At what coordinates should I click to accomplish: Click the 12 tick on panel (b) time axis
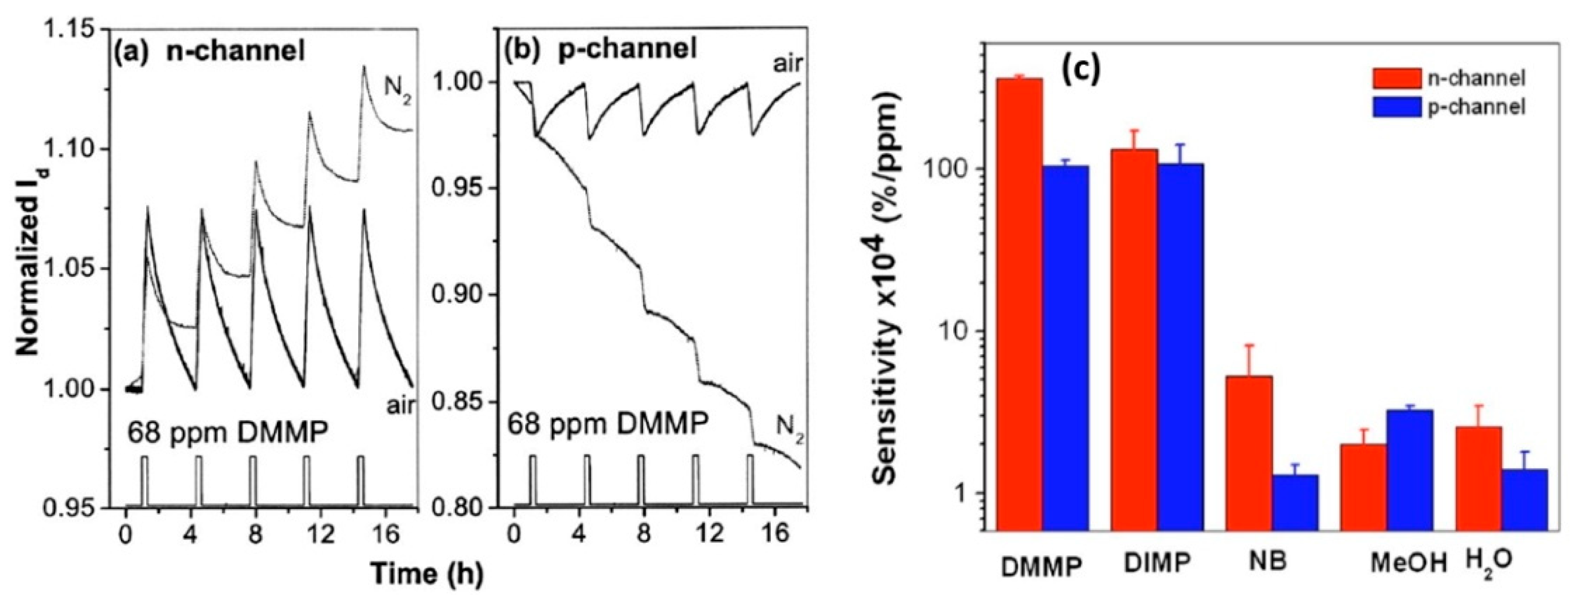click(x=709, y=532)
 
